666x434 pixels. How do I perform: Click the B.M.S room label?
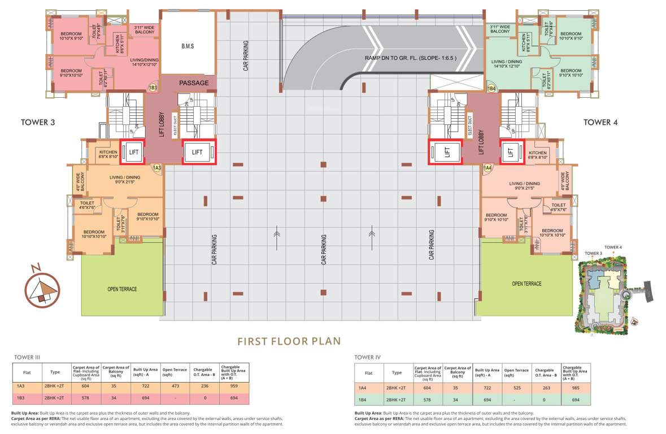point(188,46)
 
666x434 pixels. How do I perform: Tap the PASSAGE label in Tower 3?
point(194,83)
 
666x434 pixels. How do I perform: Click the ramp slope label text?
point(410,58)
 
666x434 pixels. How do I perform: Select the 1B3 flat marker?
point(152,88)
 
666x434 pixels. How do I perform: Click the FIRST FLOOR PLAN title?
point(289,341)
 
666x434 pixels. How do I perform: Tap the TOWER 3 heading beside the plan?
point(38,121)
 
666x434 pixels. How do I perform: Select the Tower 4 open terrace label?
point(526,284)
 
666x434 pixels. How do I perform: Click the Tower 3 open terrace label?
point(122,289)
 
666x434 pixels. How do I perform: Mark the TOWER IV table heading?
point(367,357)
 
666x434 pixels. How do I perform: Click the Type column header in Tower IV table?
point(397,373)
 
